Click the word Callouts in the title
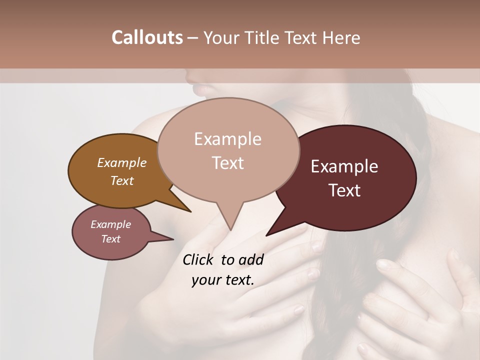[x=147, y=37]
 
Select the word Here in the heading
[x=341, y=37]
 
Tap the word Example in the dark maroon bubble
[x=344, y=166]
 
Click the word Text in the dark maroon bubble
[x=345, y=190]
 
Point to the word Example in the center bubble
[x=227, y=139]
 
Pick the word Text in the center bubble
[x=228, y=163]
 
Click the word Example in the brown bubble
[x=121, y=162]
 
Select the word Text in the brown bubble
[x=122, y=180]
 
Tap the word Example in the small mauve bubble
[x=110, y=224]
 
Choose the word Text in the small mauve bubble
[x=110, y=239]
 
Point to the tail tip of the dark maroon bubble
[x=267, y=234]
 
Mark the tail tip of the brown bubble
[x=190, y=211]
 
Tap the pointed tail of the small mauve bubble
[x=172, y=239]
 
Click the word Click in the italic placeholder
[x=199, y=259]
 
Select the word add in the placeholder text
[x=251, y=259]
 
